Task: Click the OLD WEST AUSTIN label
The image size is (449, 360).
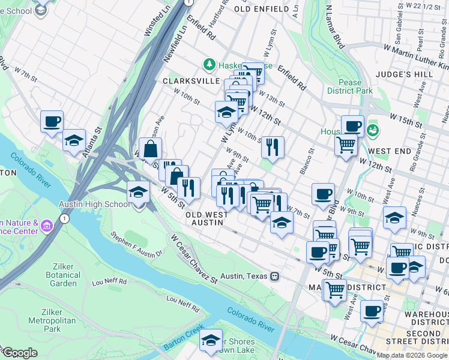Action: (x=206, y=218)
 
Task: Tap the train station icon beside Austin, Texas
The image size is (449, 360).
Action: (x=274, y=276)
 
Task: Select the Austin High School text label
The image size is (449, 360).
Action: (x=94, y=204)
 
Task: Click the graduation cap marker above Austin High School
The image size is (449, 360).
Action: (x=139, y=193)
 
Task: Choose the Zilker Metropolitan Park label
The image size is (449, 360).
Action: (x=60, y=320)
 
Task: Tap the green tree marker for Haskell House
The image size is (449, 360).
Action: (x=209, y=63)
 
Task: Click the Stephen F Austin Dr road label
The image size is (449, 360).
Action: (x=137, y=244)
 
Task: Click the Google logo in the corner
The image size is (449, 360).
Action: (x=20, y=353)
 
